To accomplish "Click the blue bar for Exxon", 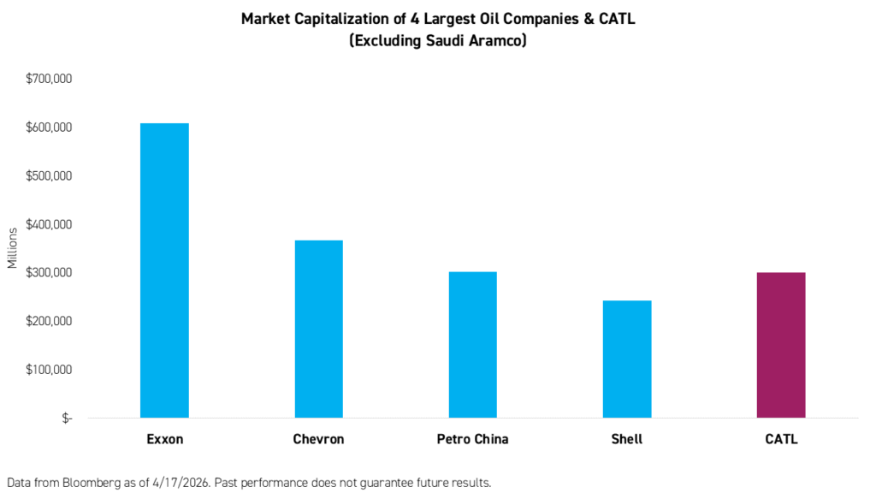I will click(x=164, y=270).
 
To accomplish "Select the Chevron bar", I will click(x=318, y=329).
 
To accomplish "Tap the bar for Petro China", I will click(x=472, y=344).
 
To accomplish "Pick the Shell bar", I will click(x=626, y=359).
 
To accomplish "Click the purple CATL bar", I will click(x=780, y=345).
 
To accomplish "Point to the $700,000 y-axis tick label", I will click(x=49, y=79).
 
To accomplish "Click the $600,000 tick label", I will click(x=49, y=128).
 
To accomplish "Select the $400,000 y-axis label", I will click(x=49, y=224).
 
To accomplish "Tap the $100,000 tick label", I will click(x=49, y=370).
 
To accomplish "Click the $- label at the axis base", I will click(x=66, y=419).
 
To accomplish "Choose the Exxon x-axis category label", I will click(x=164, y=439).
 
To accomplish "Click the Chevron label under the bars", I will click(x=318, y=439).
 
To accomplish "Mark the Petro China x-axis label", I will click(x=472, y=439).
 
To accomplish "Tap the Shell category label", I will click(x=626, y=439).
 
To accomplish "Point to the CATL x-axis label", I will click(x=780, y=439).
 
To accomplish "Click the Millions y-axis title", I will click(x=12, y=248).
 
